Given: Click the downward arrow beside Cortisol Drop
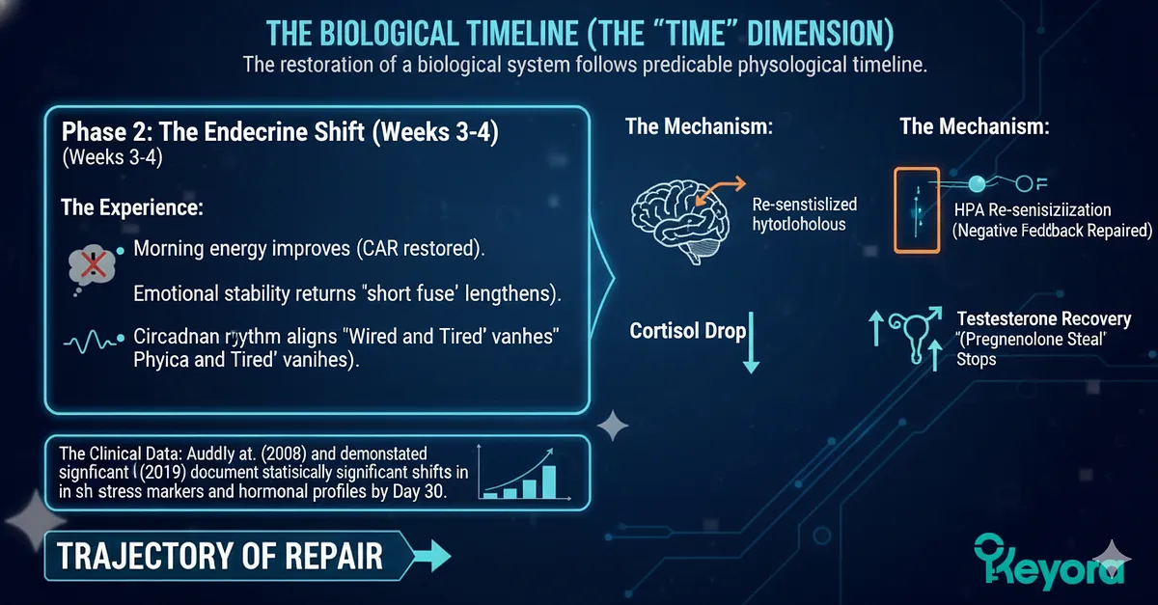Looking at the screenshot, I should [x=752, y=346].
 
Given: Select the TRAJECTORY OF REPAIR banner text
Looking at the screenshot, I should [x=219, y=556].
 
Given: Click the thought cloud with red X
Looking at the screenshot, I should [x=93, y=262].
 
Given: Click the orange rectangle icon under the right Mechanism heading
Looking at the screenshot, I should [x=917, y=209].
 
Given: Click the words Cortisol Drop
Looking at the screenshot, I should [x=687, y=331].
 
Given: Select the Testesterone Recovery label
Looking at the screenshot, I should [x=1043, y=319].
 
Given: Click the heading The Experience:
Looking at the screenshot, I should [x=131, y=207].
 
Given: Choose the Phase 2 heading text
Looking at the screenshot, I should [x=280, y=132].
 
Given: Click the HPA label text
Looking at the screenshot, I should [x=969, y=209].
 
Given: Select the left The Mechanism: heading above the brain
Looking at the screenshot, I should [x=698, y=126].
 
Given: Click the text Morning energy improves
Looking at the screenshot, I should [x=232, y=249].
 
